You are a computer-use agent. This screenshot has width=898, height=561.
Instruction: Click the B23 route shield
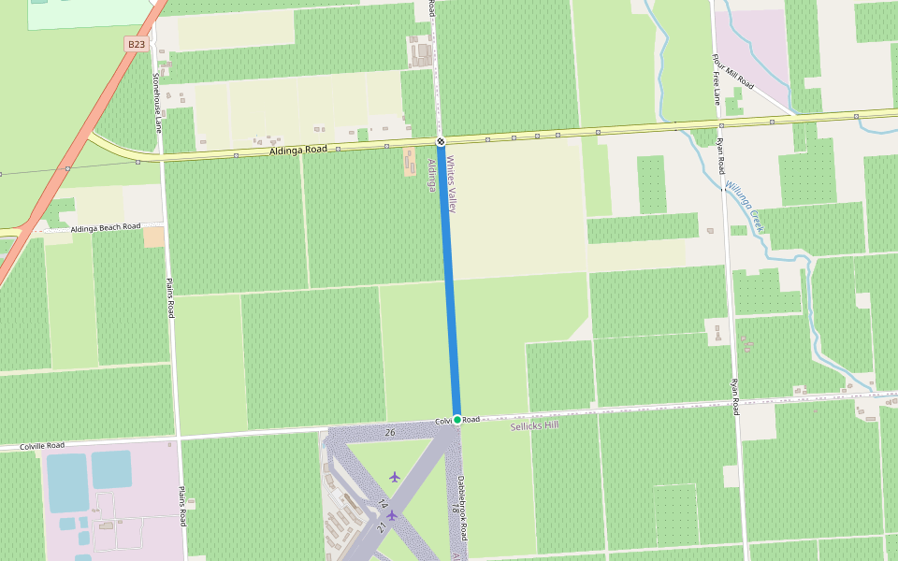pos(137,44)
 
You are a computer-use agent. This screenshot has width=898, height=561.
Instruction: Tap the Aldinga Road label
pos(297,150)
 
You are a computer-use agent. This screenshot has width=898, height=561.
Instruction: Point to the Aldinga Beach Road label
pos(105,227)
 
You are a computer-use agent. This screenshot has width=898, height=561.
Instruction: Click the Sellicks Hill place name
pos(534,426)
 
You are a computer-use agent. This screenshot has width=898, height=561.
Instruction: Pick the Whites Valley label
pos(451,183)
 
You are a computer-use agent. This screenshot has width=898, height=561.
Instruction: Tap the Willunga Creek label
pos(746,206)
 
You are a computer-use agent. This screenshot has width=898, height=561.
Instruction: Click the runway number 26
pos(389,432)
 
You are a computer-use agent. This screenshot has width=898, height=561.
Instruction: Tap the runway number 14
pos(384,505)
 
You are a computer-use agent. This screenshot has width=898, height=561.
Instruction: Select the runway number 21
pos(382,527)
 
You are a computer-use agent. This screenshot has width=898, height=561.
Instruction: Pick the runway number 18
pos(455,509)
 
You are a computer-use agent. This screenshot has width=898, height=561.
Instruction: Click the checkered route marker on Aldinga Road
pos(441,142)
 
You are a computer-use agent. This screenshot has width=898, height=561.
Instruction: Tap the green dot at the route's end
pos(457,419)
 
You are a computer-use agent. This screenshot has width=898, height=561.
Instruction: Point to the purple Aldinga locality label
pos(432,175)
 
